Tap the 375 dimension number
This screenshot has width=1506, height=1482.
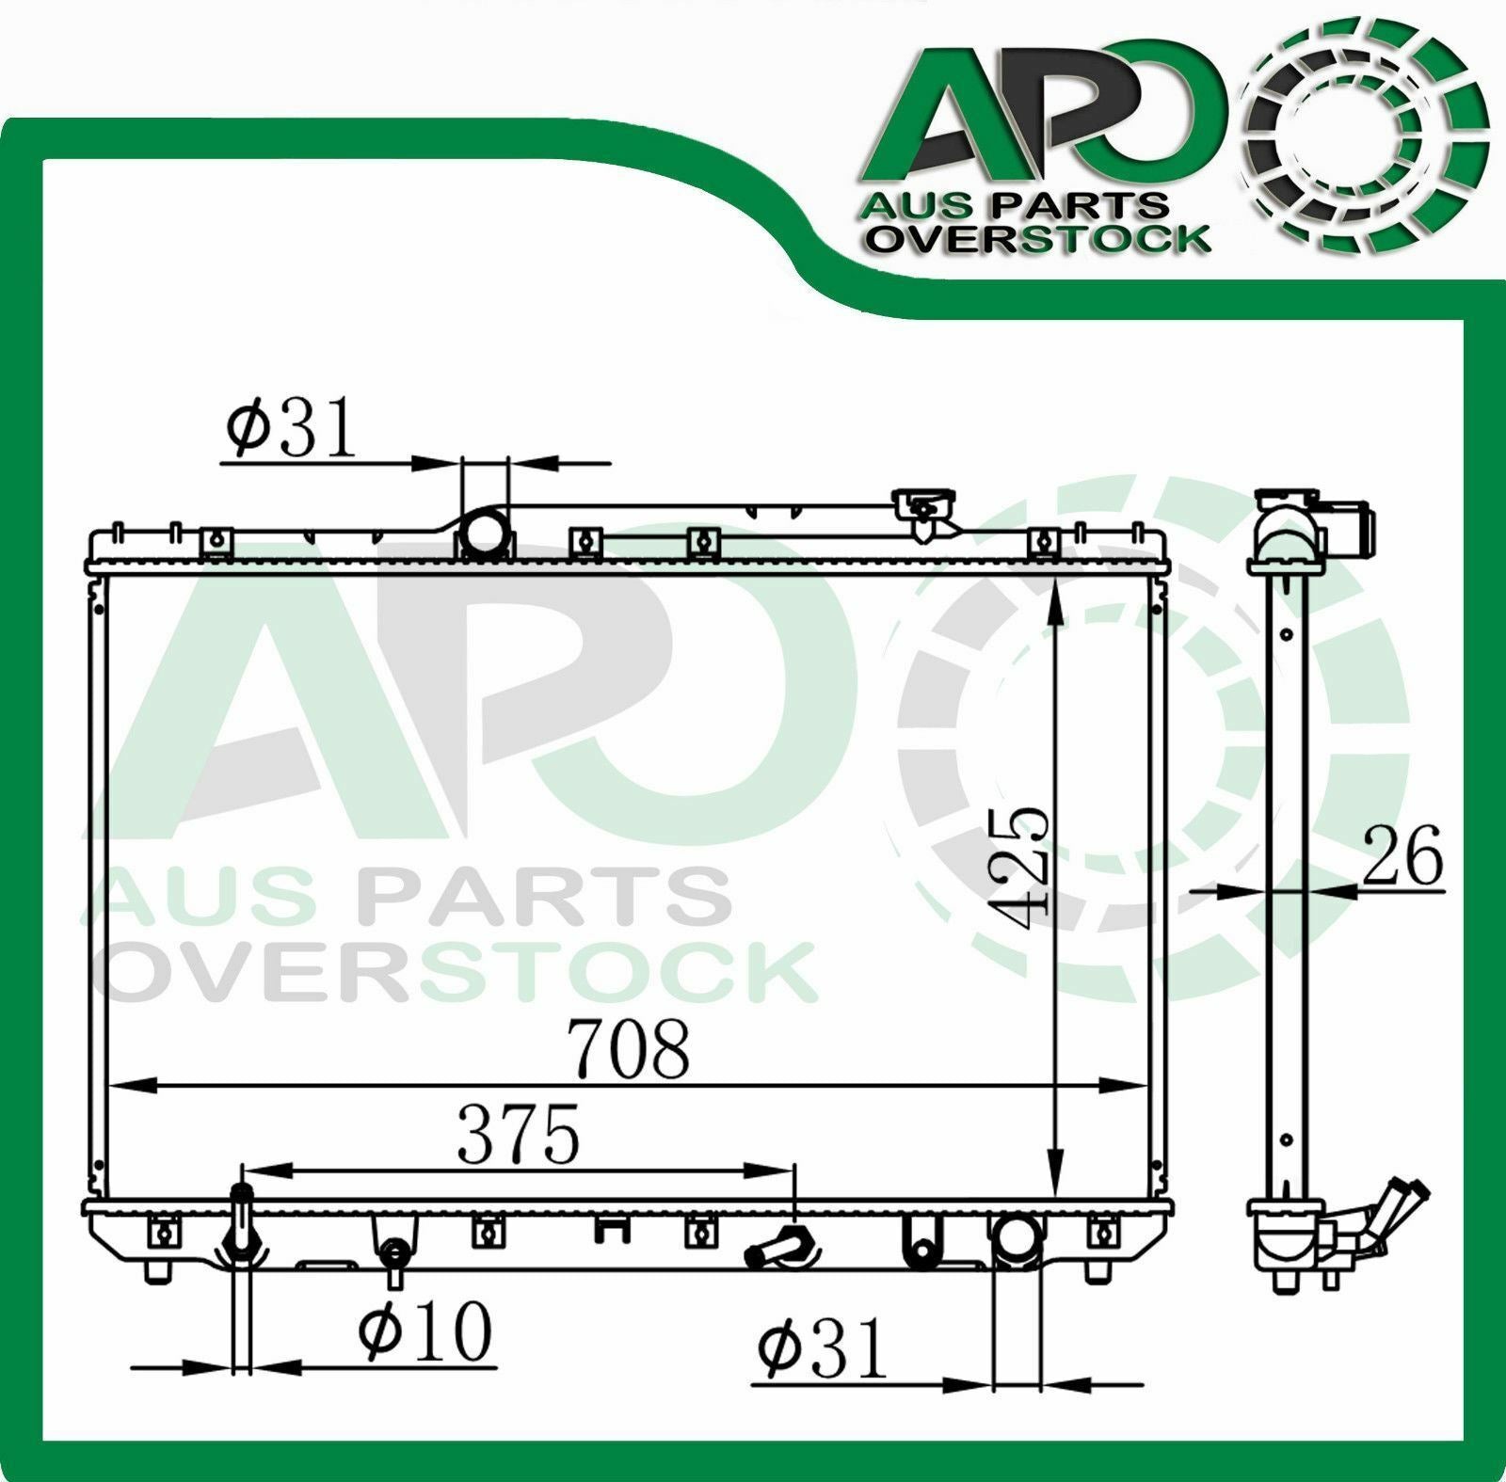(519, 1135)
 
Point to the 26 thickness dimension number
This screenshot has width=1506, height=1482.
(1402, 855)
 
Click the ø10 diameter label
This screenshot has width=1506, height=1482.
(425, 1331)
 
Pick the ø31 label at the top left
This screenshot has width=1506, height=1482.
(293, 426)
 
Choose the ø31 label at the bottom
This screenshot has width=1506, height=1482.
(823, 1348)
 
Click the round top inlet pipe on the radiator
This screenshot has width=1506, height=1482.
(485, 534)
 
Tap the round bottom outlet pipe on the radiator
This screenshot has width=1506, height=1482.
(1017, 1238)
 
